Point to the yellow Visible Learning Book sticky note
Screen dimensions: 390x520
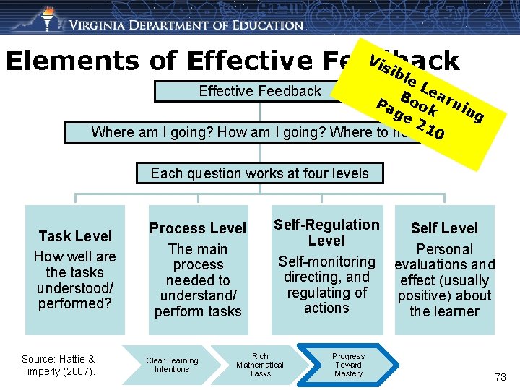422,101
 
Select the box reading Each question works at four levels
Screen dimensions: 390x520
259,173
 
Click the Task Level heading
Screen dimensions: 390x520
75,236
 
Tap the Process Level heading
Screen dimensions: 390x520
198,228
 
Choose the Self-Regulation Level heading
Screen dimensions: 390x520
326,233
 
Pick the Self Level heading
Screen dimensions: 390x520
444,228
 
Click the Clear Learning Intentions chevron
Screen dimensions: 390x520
172,365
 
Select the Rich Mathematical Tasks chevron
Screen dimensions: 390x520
260,365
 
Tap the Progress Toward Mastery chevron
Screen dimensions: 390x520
348,365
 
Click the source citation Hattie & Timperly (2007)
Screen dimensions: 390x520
58,365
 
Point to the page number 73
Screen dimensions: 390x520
500,377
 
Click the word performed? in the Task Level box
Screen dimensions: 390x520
75,303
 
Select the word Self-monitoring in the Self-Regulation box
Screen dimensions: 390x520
326,261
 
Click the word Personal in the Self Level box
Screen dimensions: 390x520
444,249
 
